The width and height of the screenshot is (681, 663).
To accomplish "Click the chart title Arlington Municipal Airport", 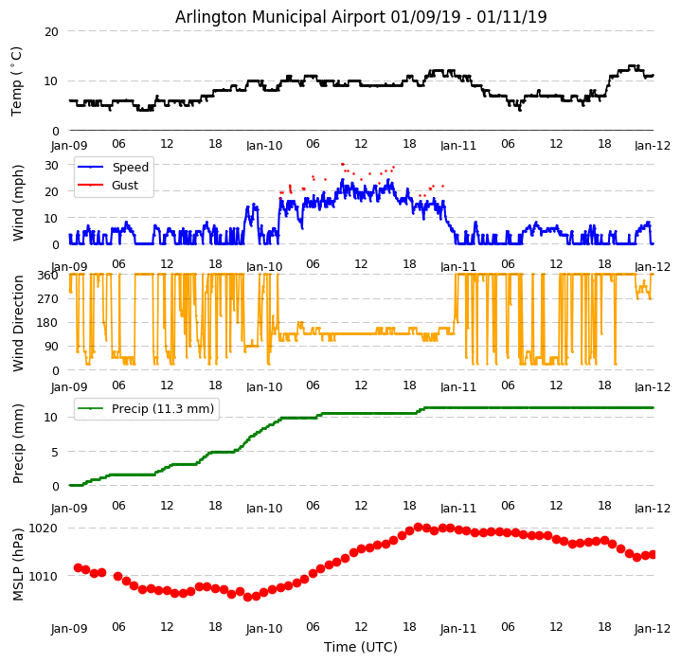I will click(361, 17).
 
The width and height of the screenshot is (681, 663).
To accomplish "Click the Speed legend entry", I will click(130, 168).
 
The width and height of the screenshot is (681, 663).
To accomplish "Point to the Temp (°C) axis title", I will click(17, 81).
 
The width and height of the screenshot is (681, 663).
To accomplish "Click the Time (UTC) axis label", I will click(361, 647).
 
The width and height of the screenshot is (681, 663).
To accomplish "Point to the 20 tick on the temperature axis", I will click(50, 31).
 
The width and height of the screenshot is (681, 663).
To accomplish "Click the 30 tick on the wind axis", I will click(50, 165).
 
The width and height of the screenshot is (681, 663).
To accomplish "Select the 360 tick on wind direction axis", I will click(46, 275).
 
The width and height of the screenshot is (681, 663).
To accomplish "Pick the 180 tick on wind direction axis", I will click(46, 322).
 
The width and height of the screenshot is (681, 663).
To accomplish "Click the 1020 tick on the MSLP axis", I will click(43, 528).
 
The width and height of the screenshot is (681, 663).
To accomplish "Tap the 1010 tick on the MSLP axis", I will click(43, 576).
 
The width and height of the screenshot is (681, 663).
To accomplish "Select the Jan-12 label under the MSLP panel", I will click(652, 627).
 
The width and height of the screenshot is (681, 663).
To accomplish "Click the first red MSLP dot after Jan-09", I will click(78, 567).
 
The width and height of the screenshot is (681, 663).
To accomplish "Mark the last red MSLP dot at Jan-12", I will click(653, 554).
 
